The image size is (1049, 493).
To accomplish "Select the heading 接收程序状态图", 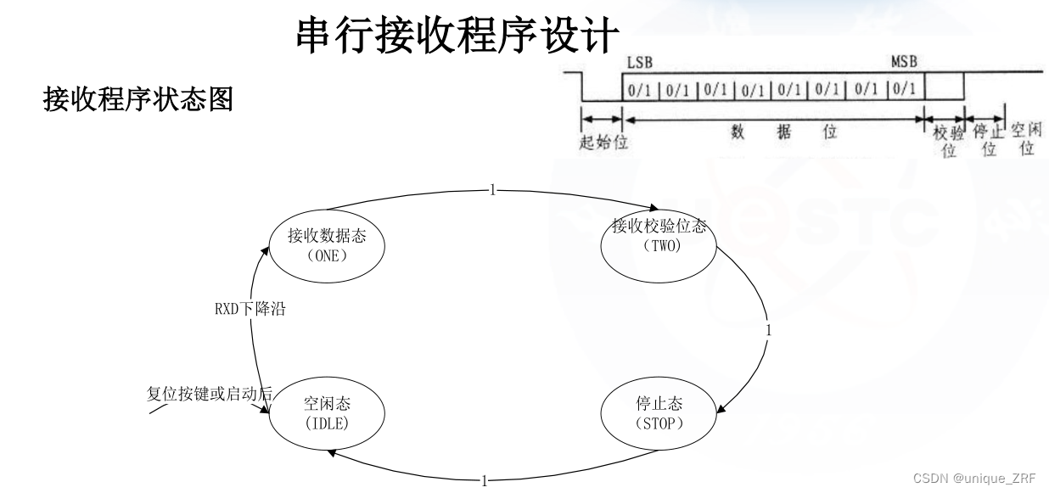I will point(137,101).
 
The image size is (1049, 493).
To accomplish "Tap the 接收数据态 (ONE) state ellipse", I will point(326,244).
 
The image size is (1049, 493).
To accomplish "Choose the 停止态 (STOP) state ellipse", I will point(659,413).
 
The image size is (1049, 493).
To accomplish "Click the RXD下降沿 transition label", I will point(250,309).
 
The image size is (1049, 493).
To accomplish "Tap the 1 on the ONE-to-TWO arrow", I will point(492,190).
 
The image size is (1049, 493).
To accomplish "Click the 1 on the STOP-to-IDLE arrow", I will point(485,481).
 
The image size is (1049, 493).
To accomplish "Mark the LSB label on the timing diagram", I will point(639,63).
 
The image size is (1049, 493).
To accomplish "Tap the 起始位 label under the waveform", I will point(603,143).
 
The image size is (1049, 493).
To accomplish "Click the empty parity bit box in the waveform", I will point(944,87).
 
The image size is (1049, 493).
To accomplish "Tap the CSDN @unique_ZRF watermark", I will point(974,478).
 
